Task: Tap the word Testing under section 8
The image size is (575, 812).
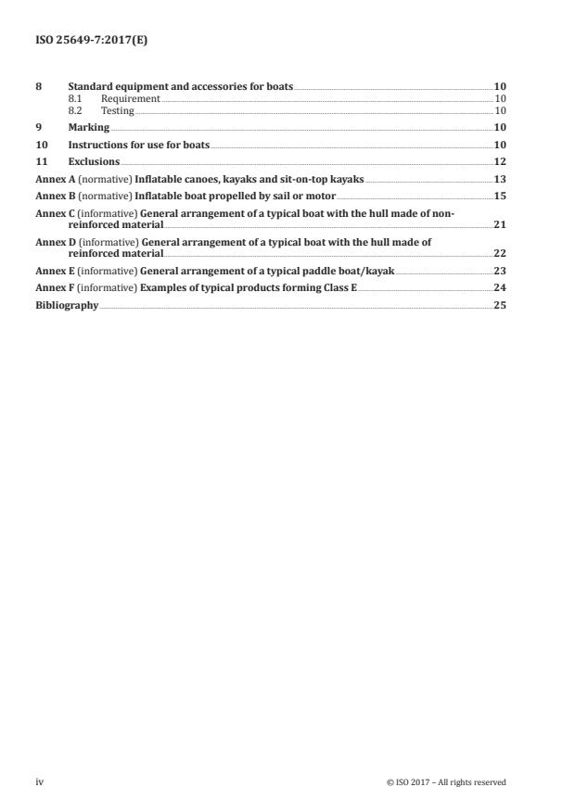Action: (x=118, y=110)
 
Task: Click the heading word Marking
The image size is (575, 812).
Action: (x=89, y=127)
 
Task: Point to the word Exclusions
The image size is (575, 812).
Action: (x=95, y=162)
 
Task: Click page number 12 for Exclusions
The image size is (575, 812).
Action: (x=500, y=162)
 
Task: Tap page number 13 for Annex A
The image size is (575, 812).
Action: (x=500, y=179)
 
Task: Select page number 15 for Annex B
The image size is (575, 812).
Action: (x=500, y=197)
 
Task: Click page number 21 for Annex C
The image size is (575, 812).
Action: (x=500, y=224)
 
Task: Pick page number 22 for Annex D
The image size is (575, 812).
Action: (x=500, y=253)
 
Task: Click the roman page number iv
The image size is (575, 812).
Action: (x=40, y=781)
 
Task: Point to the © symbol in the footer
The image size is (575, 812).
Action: (x=390, y=782)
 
